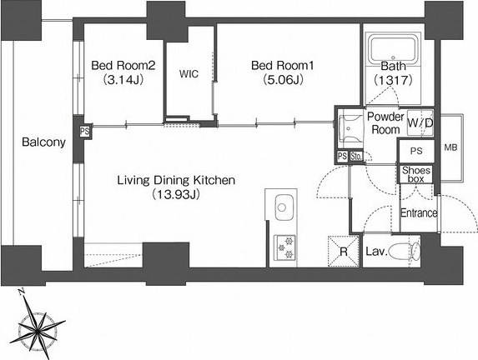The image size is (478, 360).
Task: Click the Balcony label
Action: tap(43, 142)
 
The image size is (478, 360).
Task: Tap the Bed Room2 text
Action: tap(123, 66)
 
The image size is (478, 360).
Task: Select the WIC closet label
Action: tap(189, 73)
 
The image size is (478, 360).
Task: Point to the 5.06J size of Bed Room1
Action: tap(283, 80)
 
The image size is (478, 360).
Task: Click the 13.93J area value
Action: tap(176, 194)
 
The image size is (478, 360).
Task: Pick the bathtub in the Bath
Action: tap(393, 48)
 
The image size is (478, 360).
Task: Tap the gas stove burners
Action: tap(284, 247)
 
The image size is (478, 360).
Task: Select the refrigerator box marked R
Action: tap(344, 252)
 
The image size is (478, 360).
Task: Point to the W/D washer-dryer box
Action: tap(420, 122)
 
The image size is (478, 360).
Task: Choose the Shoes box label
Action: tap(416, 174)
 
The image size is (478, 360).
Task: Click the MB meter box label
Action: tap(450, 147)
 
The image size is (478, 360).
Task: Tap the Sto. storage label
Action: tap(355, 157)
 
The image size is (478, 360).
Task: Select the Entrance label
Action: tap(419, 212)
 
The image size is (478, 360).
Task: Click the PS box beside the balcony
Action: tap(85, 132)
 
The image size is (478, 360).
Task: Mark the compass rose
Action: tap(38, 328)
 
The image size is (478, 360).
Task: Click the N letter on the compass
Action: tap(21, 292)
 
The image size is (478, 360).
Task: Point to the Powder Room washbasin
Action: tap(350, 129)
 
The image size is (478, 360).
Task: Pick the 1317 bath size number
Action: tap(393, 80)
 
